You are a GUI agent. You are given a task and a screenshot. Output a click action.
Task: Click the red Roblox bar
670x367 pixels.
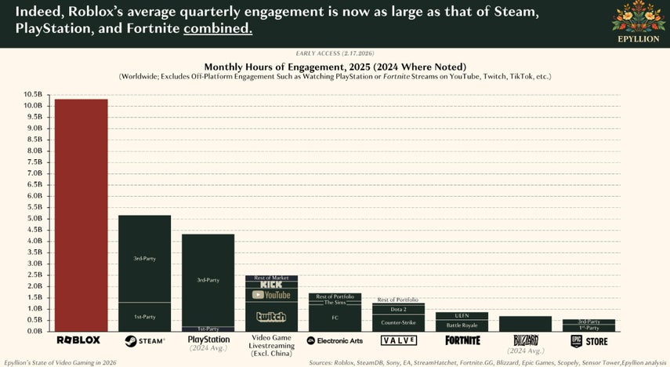[81, 215]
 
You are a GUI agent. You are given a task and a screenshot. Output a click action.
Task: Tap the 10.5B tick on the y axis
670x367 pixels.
[32, 94]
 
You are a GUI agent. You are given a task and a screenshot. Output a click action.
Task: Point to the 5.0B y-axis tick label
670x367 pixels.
[32, 218]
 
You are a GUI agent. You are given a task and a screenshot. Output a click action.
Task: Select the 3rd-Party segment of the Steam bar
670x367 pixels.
[144, 258]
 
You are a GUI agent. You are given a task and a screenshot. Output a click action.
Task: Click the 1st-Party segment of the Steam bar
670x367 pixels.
[144, 316]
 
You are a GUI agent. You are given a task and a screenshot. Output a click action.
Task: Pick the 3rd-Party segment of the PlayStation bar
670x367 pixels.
[208, 279]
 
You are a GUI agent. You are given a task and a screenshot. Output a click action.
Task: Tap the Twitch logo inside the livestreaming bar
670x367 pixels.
[271, 317]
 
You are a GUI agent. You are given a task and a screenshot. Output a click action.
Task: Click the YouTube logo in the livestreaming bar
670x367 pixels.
[271, 295]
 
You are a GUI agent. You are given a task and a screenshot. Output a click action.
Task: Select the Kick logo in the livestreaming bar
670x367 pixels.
[271, 285]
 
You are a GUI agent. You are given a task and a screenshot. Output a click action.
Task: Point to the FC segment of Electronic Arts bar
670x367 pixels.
[335, 318]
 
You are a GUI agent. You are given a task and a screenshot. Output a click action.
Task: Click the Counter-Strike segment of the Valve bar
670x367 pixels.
[398, 322]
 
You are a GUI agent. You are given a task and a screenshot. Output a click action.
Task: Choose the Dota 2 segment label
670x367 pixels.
[398, 309]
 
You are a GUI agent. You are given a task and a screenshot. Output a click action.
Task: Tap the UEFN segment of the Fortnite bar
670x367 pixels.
[462, 315]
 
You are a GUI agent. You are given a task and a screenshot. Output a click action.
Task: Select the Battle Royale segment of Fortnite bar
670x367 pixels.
[462, 325]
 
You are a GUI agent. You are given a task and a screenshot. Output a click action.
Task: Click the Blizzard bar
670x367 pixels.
[525, 323]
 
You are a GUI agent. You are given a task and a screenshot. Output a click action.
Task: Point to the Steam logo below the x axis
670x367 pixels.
[144, 340]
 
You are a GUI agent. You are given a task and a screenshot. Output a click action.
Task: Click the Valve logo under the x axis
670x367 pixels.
[398, 340]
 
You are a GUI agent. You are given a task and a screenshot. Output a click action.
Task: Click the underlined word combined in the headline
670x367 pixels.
[218, 28]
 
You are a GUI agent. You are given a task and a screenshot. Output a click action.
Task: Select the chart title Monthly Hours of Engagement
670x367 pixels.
[335, 66]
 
